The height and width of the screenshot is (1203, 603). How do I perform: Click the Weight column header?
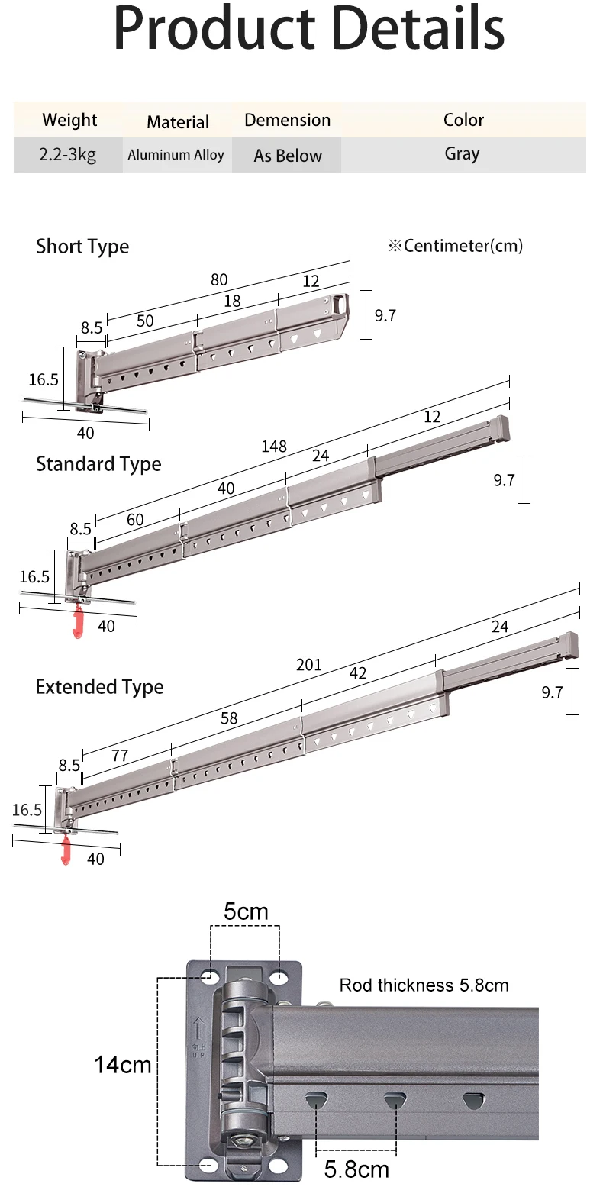69,120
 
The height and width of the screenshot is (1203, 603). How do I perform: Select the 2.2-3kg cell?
68,155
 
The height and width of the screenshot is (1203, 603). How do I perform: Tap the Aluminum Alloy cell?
176,155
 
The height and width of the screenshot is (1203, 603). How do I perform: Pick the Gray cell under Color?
463,153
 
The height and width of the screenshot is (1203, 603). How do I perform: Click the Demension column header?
287,120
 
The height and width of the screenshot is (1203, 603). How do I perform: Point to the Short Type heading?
82,247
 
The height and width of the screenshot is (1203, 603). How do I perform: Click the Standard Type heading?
98,464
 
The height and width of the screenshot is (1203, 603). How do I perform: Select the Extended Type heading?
99,687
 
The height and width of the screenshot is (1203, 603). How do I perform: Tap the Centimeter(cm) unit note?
456,246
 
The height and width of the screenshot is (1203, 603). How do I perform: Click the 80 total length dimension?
219,280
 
